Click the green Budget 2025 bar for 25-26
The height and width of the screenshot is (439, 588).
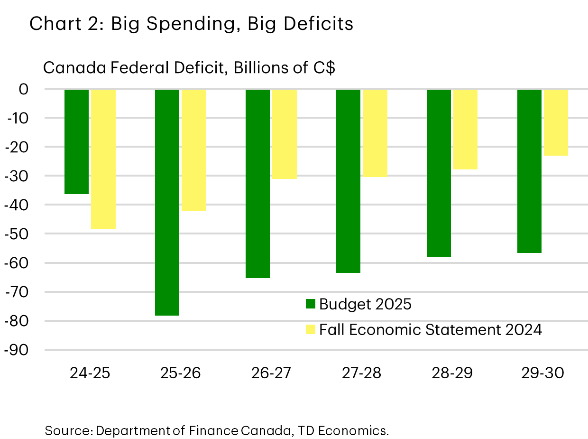coord(167,202)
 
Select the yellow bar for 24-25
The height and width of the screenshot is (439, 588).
coord(103,159)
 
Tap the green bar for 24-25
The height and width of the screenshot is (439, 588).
coord(76,141)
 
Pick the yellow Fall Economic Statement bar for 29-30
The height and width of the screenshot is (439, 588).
coord(556,122)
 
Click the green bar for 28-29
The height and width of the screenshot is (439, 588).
coord(439,173)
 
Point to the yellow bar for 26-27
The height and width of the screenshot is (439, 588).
coord(284,134)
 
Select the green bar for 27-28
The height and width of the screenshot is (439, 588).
coord(348,181)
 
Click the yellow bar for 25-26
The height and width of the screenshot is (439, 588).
coord(193,150)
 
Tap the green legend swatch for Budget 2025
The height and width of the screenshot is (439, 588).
coord(311,304)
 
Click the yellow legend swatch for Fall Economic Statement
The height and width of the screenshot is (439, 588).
coord(311,329)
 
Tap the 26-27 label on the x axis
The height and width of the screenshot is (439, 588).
coord(271,373)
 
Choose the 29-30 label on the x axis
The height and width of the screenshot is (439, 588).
coord(543,373)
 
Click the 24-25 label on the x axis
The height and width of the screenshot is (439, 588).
coord(90,373)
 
